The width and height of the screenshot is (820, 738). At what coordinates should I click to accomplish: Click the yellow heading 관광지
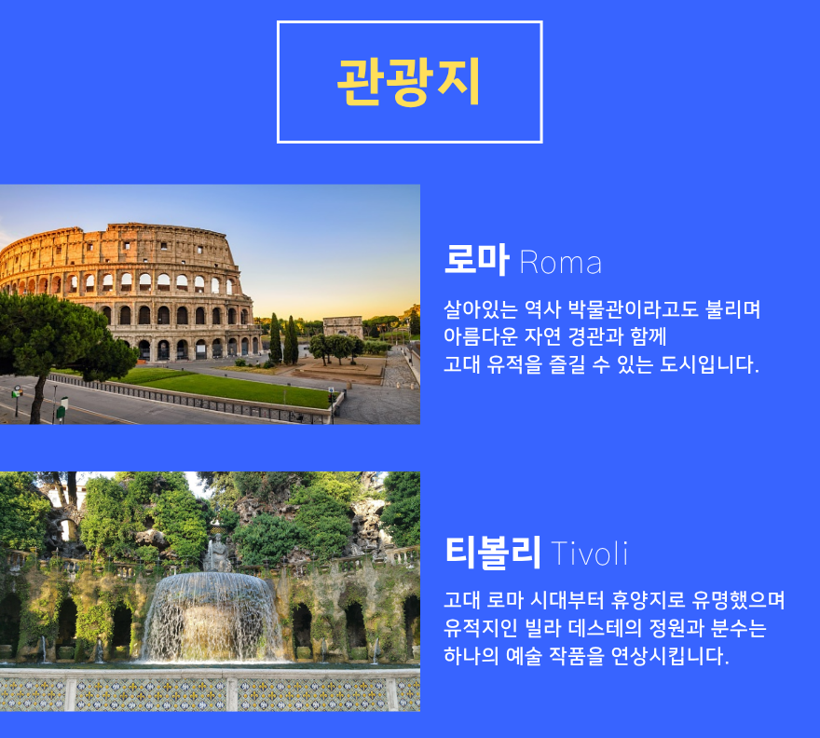409,82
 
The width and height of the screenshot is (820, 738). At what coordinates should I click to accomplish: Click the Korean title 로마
476,259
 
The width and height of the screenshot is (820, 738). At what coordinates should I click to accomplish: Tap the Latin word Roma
561,263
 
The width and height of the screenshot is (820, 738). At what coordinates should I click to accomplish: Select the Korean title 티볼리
493,552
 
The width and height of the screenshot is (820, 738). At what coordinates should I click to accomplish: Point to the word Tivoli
589,553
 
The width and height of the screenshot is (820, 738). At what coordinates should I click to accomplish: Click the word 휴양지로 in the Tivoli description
648,600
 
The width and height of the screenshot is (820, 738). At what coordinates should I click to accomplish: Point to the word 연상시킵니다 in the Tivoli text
670,655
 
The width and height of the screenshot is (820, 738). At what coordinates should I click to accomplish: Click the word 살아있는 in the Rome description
481,309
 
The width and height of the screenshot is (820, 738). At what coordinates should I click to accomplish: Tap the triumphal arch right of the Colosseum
343,327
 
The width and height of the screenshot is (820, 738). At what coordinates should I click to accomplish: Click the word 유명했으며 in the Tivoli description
738,600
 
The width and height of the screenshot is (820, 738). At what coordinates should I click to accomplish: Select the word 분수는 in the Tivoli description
738,628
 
